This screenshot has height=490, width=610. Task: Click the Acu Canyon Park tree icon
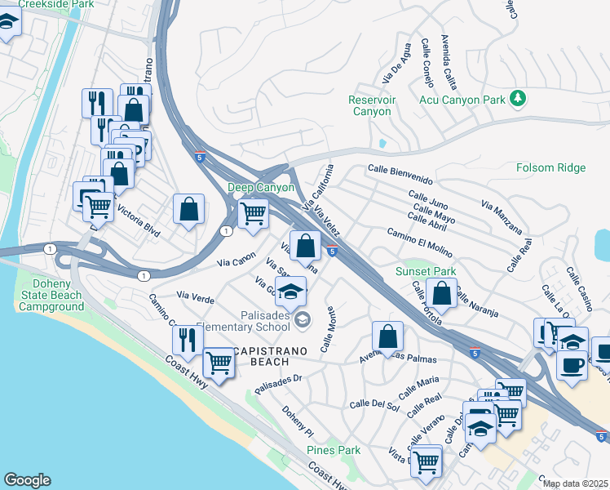[516, 99]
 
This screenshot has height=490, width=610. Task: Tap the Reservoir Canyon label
[371, 105]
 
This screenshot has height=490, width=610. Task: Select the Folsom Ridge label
[550, 167]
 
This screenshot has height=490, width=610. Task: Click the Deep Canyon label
[260, 187]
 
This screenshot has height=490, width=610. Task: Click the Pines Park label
[334, 450]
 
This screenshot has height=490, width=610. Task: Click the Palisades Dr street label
[278, 382]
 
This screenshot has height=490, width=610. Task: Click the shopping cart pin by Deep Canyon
[253, 213]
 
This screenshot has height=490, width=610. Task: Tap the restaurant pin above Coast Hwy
[188, 339]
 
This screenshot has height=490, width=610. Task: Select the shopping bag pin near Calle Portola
[441, 292]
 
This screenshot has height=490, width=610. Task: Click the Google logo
[27, 480]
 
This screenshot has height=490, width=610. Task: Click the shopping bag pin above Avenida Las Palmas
[387, 335]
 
